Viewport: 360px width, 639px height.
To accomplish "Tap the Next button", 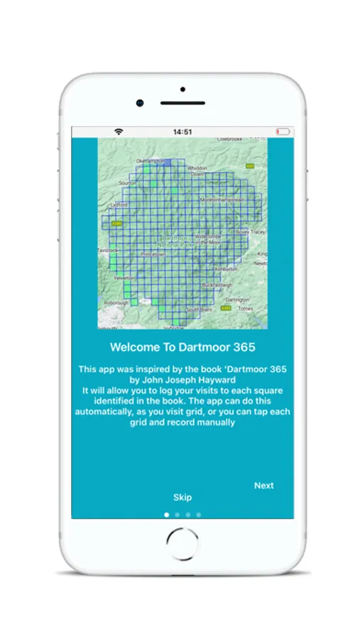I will tap(263, 486).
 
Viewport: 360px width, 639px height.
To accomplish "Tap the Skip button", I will tap(182, 497).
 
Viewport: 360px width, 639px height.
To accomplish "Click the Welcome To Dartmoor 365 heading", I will tap(182, 347).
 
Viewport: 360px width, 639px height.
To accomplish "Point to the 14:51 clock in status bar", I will tap(182, 131).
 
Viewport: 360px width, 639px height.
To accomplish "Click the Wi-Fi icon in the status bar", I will tap(119, 131).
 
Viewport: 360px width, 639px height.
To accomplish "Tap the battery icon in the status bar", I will tap(283, 131).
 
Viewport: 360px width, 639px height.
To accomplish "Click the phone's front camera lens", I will tap(140, 104).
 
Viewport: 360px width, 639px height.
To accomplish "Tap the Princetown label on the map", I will tap(153, 253).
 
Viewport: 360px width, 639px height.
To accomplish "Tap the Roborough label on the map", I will tap(115, 302).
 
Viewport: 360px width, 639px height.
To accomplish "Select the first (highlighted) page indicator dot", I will tap(166, 514).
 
